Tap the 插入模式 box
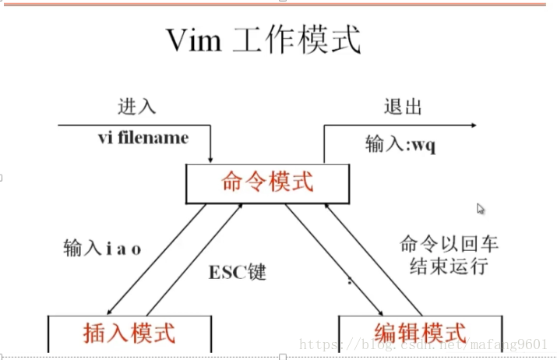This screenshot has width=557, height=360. (x=129, y=333)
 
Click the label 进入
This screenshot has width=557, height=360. (x=132, y=107)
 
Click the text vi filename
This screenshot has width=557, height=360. (x=143, y=138)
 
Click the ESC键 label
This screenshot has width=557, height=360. (x=238, y=273)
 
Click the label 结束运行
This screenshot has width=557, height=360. (x=449, y=266)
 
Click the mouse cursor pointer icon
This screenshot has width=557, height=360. (x=481, y=209)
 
